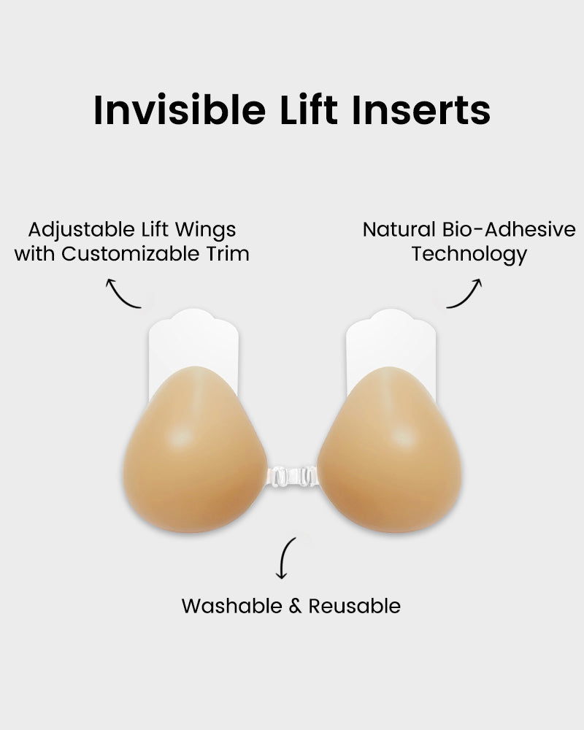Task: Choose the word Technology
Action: coord(469,255)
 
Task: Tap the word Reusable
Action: coord(355,606)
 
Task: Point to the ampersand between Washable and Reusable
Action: coord(295,607)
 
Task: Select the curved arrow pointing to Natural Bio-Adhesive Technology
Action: coord(465,293)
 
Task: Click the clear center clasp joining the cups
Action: coord(292,476)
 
